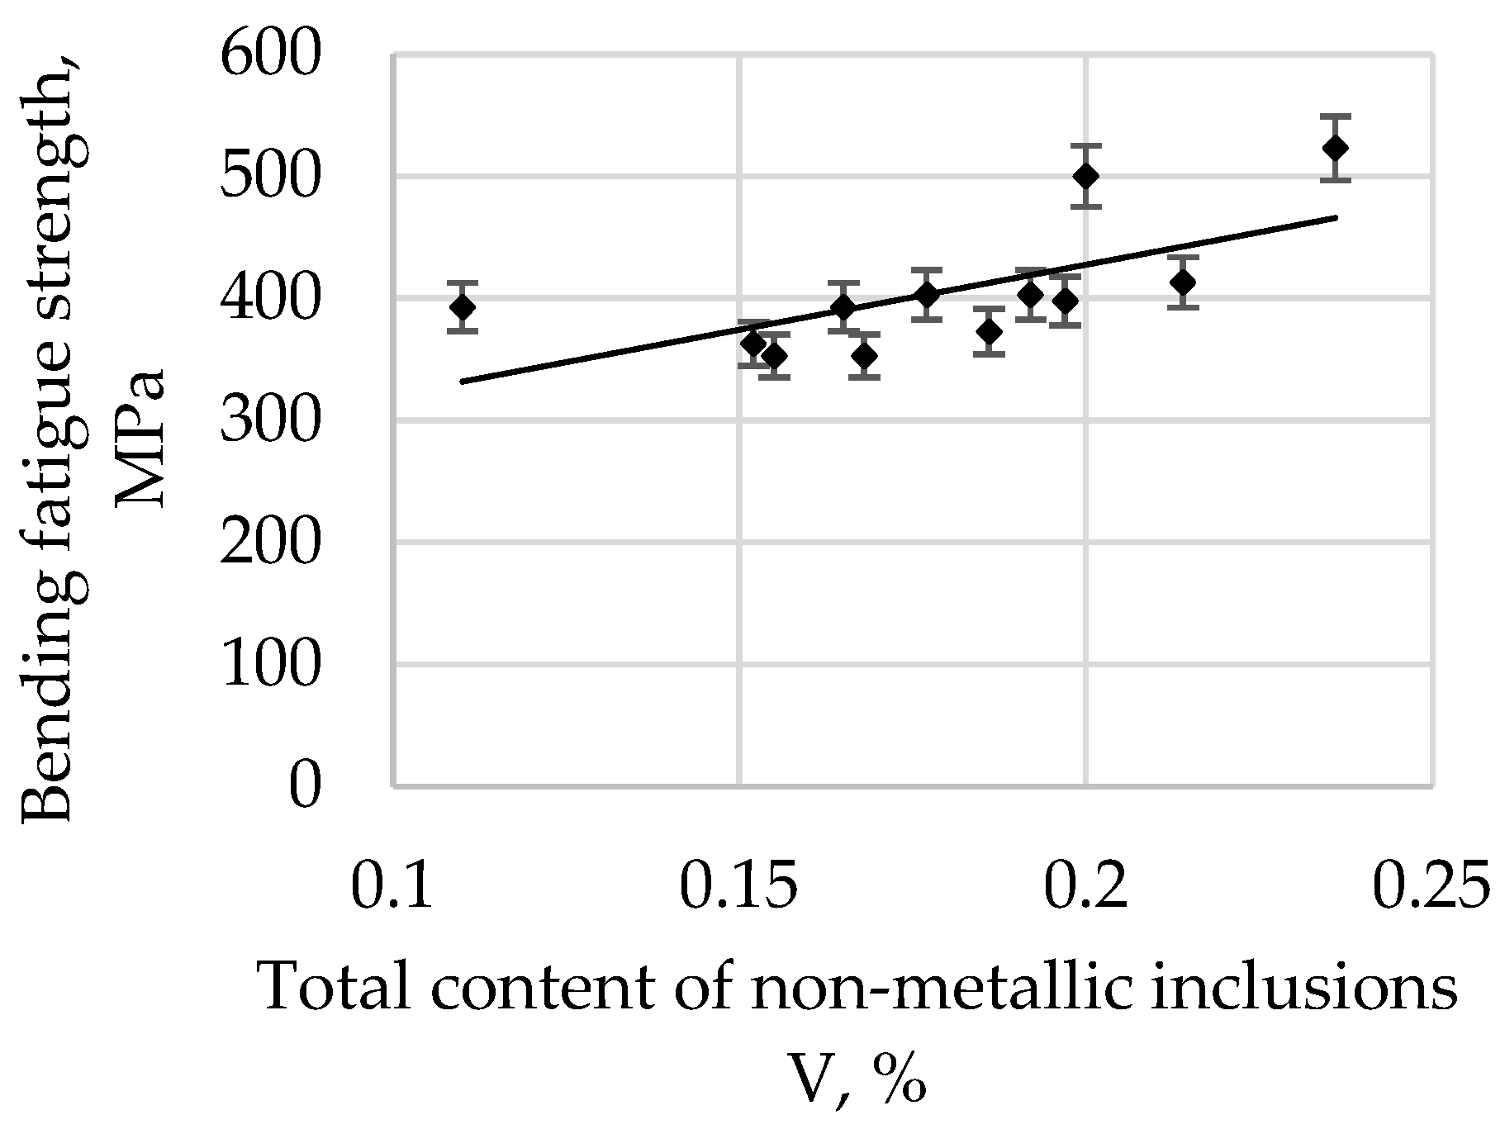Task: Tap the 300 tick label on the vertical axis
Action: pyautogui.click(x=268, y=420)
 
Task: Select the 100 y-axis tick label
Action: pyautogui.click(x=268, y=664)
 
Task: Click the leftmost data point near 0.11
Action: pyautogui.click(x=463, y=307)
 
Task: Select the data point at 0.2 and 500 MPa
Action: pyautogui.click(x=1086, y=176)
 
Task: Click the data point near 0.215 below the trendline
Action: pyautogui.click(x=1184, y=282)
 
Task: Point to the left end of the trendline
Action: pyautogui.click(x=463, y=381)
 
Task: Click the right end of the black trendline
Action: pyautogui.click(x=1336, y=218)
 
